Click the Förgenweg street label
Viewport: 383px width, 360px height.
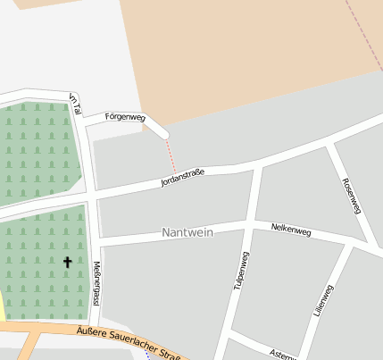124,116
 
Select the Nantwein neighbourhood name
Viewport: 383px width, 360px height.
188,232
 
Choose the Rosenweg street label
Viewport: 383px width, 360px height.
351,196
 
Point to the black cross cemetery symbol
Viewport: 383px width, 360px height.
67,263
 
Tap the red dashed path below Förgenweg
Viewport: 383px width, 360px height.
171,156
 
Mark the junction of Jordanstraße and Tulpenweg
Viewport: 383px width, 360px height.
256,165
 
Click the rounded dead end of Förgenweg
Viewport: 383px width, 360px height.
163,135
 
